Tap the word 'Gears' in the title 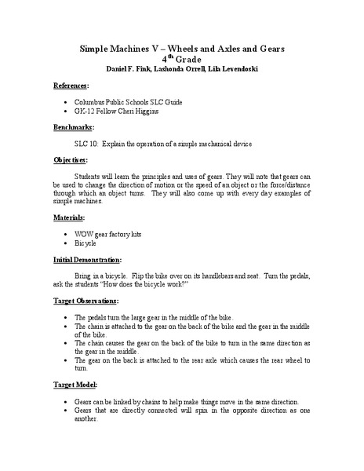coord(268,49)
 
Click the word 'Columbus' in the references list coord(92,102)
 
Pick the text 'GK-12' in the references coord(84,111)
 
